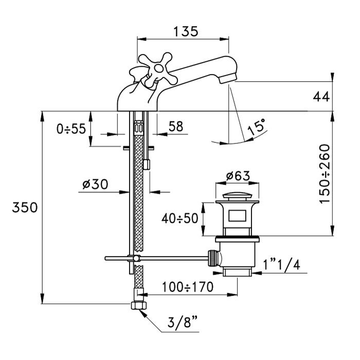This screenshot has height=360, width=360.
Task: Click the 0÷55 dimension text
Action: coord(72,129)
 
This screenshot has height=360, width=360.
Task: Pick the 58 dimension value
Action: coord(175,127)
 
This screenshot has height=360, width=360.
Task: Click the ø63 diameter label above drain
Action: coord(238,176)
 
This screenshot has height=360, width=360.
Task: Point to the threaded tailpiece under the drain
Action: coord(238,271)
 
